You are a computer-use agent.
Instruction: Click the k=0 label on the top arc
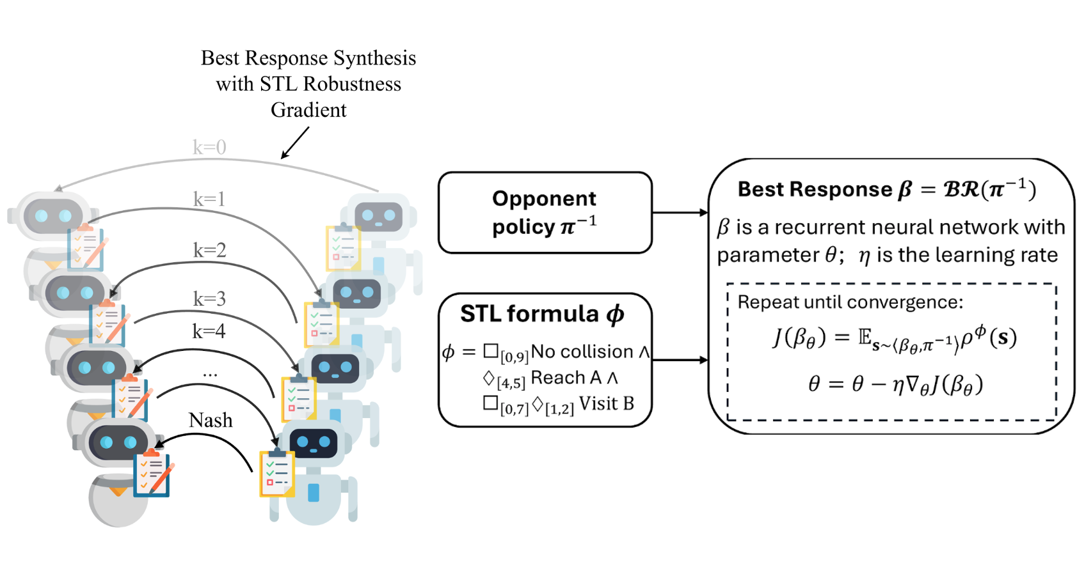(x=209, y=148)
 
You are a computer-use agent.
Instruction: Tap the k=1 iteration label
(x=209, y=199)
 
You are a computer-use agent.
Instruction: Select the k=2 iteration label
(x=209, y=250)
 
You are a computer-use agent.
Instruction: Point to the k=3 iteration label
(x=209, y=299)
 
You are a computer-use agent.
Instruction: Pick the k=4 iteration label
(x=209, y=331)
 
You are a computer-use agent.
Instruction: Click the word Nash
(x=211, y=420)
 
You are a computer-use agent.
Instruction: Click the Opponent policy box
(x=545, y=212)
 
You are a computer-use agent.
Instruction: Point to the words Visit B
(x=606, y=403)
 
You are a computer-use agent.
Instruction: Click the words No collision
(x=582, y=352)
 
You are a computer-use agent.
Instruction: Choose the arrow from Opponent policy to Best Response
(x=680, y=212)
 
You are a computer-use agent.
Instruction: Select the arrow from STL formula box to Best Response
(x=680, y=360)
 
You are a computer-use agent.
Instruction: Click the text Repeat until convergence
(x=850, y=302)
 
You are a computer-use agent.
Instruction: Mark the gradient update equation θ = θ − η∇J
(x=895, y=384)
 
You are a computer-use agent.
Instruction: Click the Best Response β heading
(x=886, y=189)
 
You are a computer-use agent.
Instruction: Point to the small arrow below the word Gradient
(x=295, y=142)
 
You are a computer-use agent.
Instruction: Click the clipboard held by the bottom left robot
(x=152, y=474)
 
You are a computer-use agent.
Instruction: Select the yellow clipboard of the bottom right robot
(x=276, y=473)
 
